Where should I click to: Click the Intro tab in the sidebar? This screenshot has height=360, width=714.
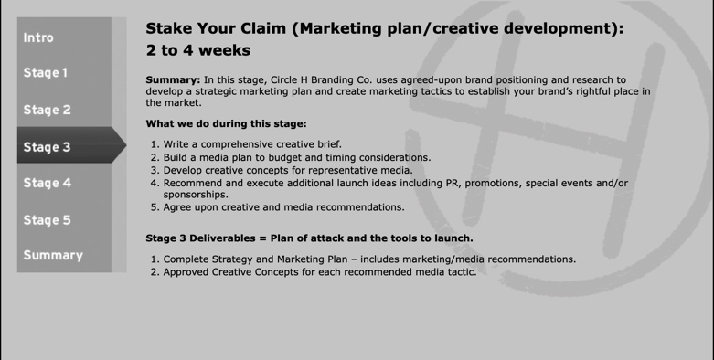click(39, 37)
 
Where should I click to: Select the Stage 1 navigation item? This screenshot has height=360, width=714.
click(47, 73)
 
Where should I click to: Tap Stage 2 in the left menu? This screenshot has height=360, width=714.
click(48, 110)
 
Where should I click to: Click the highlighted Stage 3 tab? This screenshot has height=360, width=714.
click(48, 146)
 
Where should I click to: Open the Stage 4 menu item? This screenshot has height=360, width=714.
click(48, 183)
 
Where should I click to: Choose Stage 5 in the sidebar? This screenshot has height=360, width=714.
click(48, 219)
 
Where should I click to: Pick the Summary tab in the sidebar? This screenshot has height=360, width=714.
click(53, 255)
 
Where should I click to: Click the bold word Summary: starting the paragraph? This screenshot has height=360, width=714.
click(173, 80)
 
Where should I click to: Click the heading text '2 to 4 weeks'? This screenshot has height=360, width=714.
click(197, 50)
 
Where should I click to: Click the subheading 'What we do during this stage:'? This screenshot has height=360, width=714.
click(226, 123)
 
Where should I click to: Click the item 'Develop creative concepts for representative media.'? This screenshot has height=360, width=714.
click(288, 170)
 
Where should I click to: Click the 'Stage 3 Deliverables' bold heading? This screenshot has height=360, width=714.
click(203, 238)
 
